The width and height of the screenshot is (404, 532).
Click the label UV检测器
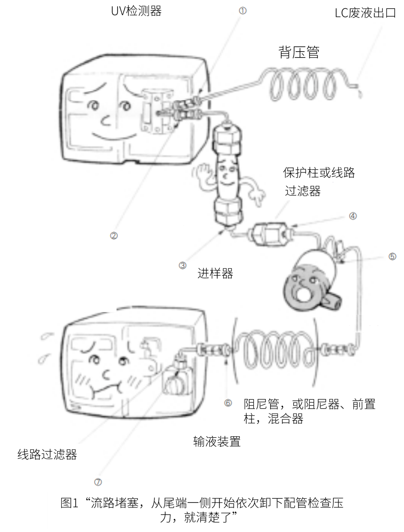(x=137, y=11)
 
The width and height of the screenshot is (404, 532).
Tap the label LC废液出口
(x=365, y=13)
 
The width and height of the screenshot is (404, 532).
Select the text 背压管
(x=299, y=52)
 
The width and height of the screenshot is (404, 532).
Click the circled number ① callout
(x=242, y=11)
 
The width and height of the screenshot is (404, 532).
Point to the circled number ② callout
(x=114, y=236)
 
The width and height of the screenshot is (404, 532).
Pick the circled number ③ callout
(x=182, y=265)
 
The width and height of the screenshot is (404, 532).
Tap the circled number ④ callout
(x=353, y=216)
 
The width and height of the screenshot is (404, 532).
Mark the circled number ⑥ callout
(x=228, y=403)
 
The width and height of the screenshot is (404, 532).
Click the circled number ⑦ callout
(x=98, y=482)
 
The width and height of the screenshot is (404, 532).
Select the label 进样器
(x=215, y=274)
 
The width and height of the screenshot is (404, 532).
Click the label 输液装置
(x=217, y=442)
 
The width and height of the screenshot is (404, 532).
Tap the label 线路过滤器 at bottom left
(x=47, y=455)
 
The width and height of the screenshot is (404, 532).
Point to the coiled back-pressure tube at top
(x=303, y=85)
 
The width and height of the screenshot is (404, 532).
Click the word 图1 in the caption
(x=69, y=503)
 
